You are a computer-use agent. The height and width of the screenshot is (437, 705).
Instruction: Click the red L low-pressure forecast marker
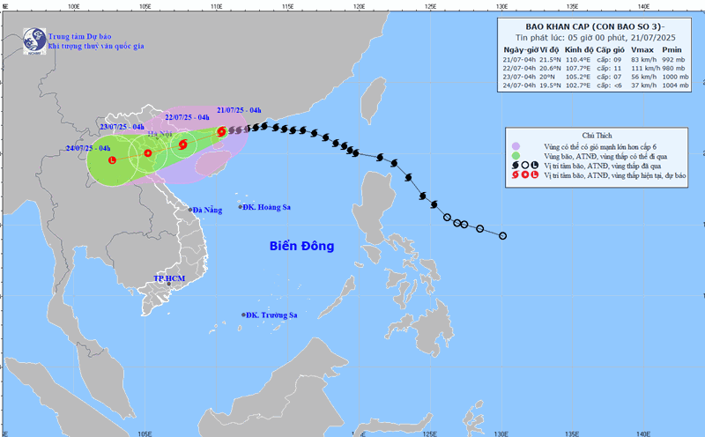[112, 159]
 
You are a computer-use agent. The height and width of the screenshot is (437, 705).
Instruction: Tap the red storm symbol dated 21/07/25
[220, 132]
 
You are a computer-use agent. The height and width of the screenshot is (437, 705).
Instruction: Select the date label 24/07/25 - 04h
[88, 148]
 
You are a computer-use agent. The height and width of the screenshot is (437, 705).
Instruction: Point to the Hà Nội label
[160, 134]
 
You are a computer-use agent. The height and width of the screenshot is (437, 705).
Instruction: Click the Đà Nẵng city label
[208, 210]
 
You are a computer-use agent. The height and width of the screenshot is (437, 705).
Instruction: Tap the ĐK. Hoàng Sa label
[268, 207]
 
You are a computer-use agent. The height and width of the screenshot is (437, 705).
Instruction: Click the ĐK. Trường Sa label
[271, 315]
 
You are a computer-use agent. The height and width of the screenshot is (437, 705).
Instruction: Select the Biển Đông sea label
[302, 246]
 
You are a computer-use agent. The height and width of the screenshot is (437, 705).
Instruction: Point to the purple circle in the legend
[516, 146]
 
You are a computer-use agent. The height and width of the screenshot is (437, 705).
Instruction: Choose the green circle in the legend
[516, 156]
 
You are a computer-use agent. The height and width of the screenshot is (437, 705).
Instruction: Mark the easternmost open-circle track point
[502, 236]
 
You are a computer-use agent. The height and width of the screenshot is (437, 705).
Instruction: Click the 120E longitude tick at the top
[360, 5]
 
